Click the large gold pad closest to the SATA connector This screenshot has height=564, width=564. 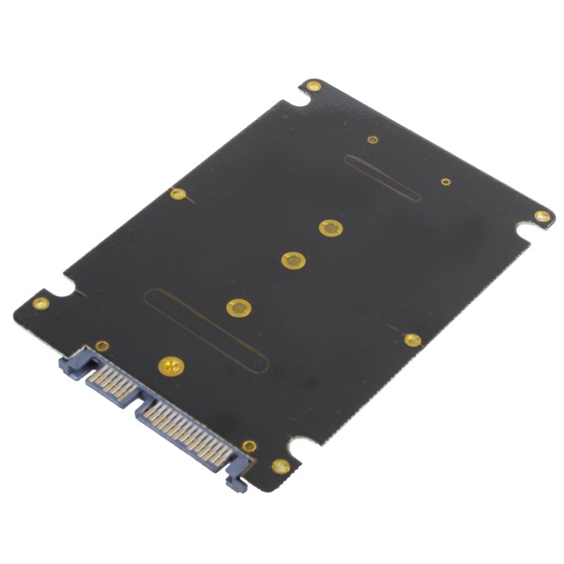coord(170,364)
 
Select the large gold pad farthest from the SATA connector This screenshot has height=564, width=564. coord(331,227)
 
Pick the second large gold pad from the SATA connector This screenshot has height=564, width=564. coord(238,308)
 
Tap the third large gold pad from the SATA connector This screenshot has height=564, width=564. coord(292,260)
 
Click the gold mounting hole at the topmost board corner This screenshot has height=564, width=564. coord(313,85)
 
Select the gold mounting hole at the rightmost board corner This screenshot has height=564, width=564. coord(541,215)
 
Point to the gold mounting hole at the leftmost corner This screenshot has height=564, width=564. coord(41,303)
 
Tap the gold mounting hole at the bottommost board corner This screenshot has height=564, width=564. coord(280,466)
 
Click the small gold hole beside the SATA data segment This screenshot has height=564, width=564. coord(102,345)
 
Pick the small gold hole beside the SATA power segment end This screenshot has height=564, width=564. coord(249,446)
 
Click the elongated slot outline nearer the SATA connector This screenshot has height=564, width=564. coord(207,330)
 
